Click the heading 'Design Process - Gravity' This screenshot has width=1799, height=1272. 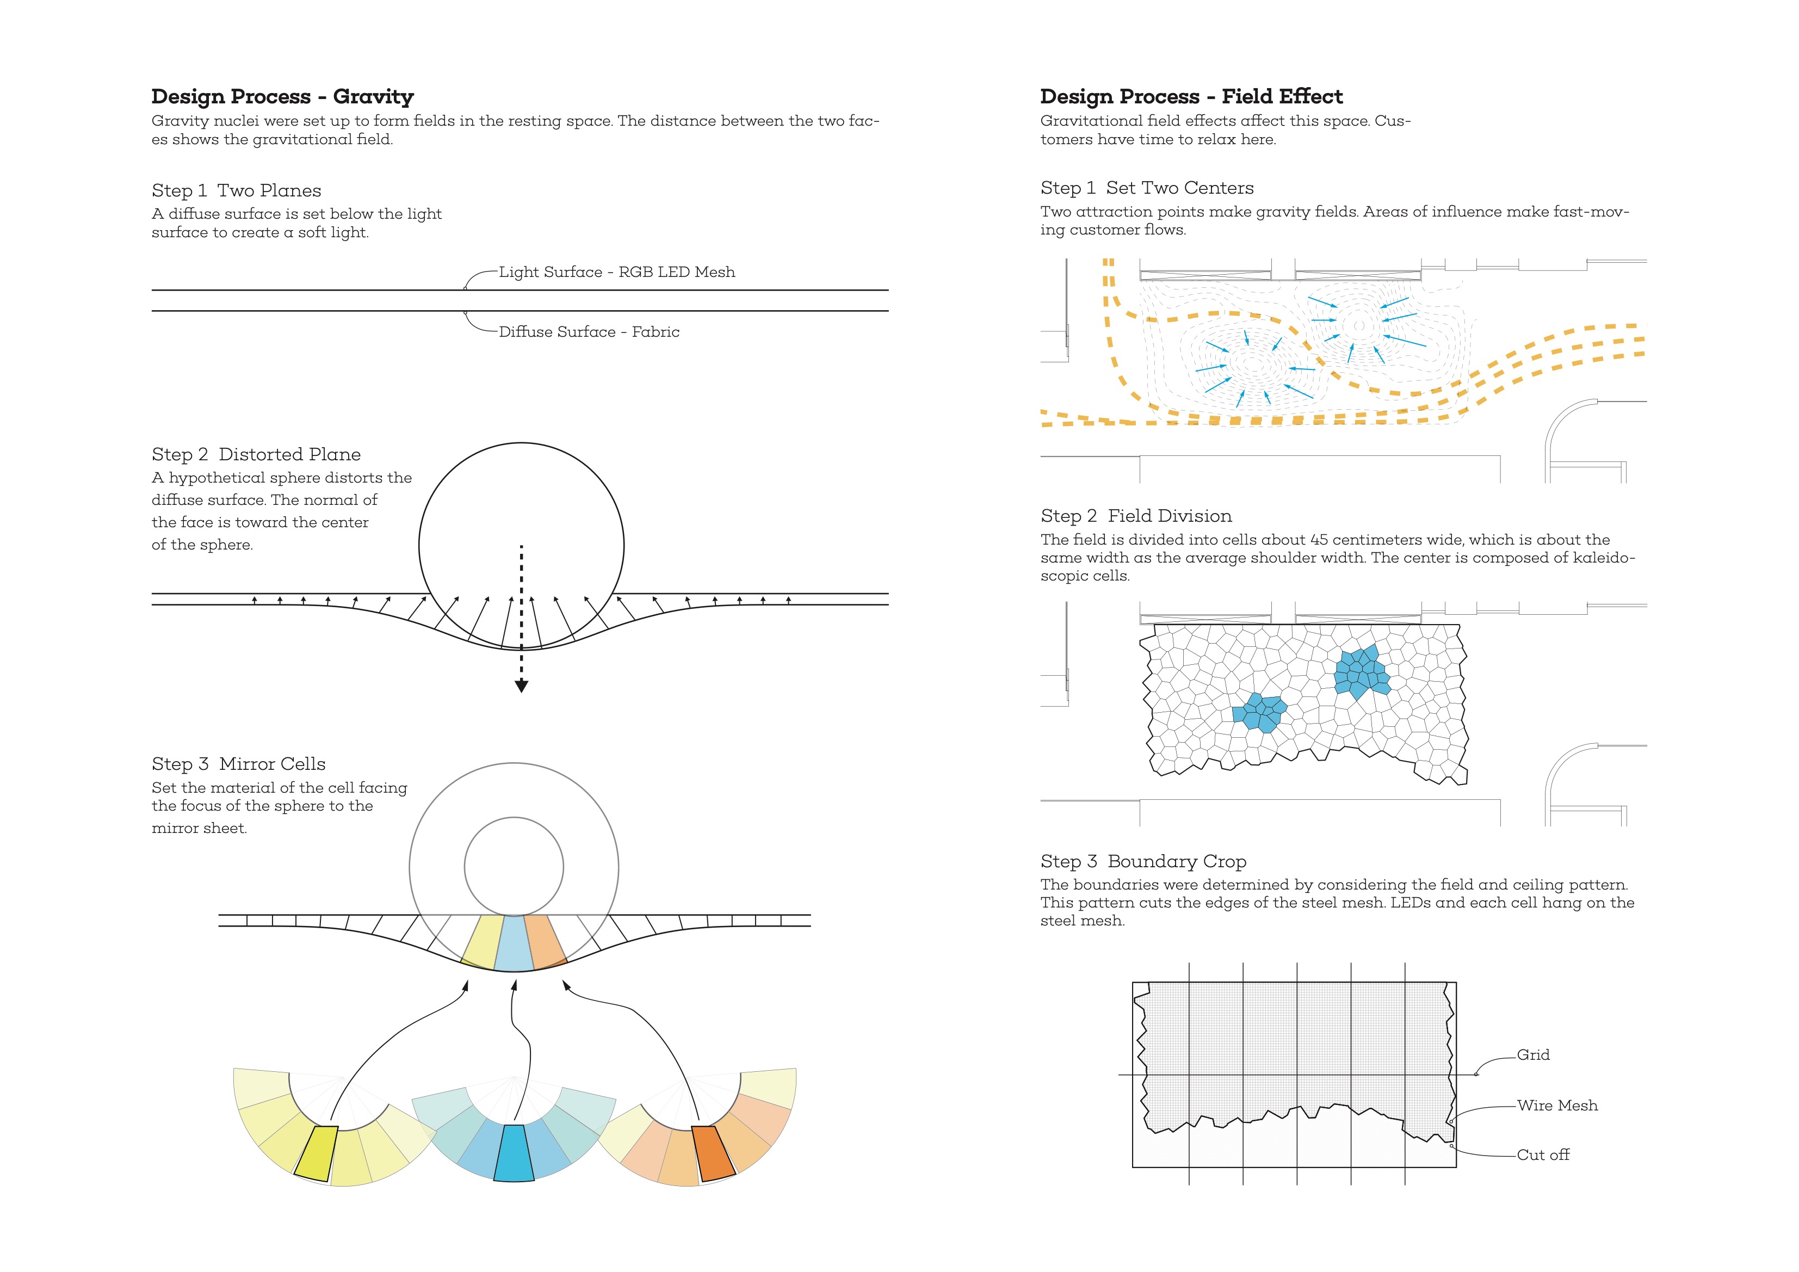click(282, 96)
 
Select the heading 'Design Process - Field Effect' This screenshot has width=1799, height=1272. click(1191, 96)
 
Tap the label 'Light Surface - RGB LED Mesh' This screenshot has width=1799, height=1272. click(617, 272)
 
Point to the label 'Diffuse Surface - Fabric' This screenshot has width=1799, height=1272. click(589, 331)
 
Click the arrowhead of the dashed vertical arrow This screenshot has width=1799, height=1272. click(521, 687)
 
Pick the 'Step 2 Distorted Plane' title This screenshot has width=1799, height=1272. click(256, 455)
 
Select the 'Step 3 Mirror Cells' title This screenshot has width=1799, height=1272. click(238, 764)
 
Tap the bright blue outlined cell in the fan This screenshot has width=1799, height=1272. click(514, 1153)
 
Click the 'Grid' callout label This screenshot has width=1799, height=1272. click(1532, 1055)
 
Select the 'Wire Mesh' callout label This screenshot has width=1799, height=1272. click(1557, 1106)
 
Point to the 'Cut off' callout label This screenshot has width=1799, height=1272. click(1543, 1154)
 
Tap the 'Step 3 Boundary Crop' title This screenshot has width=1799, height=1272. click(1143, 861)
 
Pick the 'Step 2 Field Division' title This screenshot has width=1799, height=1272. click(1136, 516)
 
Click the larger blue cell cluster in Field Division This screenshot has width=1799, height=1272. click(1362, 672)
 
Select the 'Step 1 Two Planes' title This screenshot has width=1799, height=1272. click(237, 190)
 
